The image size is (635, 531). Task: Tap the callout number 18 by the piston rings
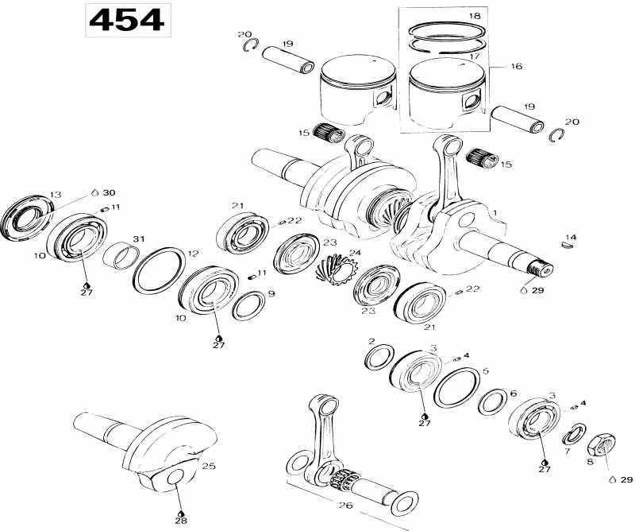pos(474,16)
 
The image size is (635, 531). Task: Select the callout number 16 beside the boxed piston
pos(516,68)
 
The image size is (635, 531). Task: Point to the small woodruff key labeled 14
pos(568,246)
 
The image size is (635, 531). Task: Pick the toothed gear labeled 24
pos(333,274)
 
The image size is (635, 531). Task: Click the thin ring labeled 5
pos(456,389)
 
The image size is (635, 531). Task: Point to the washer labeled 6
pos(493,401)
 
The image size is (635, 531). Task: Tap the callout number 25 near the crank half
pos(209,466)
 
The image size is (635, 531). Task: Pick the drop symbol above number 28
pos(182,514)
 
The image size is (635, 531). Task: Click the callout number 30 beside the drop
pos(109,192)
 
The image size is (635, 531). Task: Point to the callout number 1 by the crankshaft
pos(495,212)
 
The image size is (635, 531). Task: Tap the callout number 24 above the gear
pos(355,254)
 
